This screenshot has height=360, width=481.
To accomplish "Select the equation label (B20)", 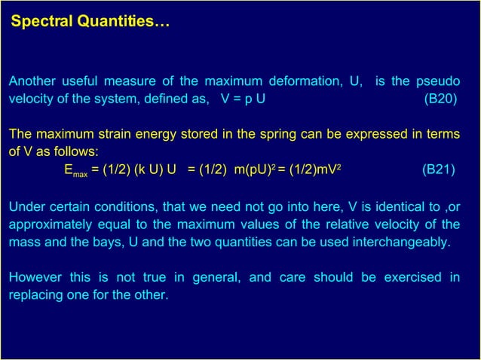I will coord(439,99).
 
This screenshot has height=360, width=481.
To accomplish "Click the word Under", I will coord(28,207).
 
